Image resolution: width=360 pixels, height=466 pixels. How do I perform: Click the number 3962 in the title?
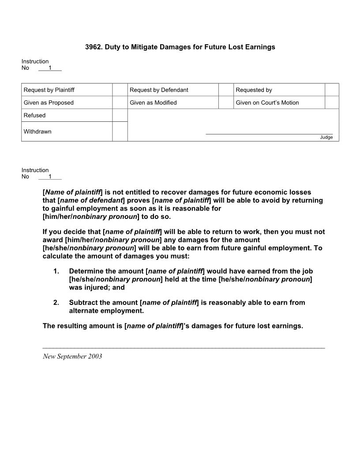point(93,47)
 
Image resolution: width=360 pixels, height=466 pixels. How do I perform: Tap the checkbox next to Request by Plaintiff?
point(120,90)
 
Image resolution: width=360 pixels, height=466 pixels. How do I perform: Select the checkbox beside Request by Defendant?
point(226,90)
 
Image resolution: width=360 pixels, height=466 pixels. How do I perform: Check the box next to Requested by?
point(332,90)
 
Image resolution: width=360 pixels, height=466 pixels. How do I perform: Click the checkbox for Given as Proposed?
point(120,102)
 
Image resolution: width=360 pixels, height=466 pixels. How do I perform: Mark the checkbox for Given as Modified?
point(226,102)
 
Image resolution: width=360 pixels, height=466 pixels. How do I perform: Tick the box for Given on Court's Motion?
point(332,102)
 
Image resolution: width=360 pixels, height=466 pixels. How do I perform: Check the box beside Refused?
point(120,115)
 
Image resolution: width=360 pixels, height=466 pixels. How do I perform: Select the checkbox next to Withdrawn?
point(120,132)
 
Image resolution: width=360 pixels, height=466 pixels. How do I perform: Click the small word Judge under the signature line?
point(326,137)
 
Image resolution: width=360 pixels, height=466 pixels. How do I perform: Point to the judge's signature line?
point(269,133)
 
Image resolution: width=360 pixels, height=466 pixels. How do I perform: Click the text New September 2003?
point(72,357)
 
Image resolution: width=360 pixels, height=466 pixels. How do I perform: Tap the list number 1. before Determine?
point(56,271)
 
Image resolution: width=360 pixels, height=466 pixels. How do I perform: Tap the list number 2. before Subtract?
point(56,303)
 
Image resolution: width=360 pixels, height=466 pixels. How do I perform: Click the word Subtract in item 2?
point(83,303)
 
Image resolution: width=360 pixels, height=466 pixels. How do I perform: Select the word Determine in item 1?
point(86,271)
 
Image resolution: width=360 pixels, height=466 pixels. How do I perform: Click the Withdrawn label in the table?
point(37,132)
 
